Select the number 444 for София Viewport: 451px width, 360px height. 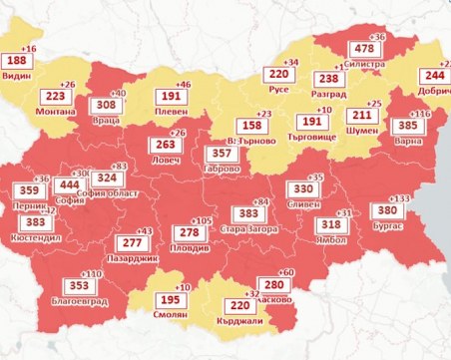point(68,184)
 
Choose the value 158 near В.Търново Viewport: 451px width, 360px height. point(252,127)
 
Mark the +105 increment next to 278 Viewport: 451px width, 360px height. point(203,220)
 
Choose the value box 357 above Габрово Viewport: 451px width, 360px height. point(226,155)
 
